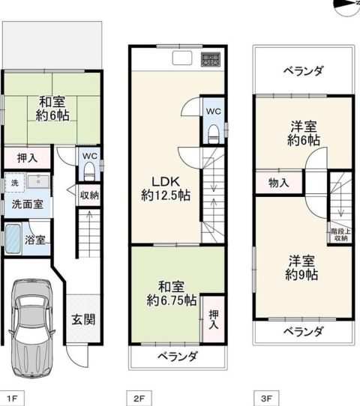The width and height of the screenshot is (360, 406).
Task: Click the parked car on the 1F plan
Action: click(31, 328)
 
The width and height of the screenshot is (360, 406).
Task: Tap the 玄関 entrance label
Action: click(83, 320)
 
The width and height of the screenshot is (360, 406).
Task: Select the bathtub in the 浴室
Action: click(13, 238)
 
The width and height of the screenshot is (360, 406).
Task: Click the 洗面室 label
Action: click(28, 204)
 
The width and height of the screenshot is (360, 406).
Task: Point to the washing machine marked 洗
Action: click(15, 183)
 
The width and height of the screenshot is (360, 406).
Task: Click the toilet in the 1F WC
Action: click(89, 171)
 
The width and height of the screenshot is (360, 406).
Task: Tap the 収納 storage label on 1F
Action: click(89, 196)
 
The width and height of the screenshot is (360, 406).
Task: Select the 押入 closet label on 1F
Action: click(27, 158)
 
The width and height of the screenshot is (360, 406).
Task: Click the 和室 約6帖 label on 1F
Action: click(52, 109)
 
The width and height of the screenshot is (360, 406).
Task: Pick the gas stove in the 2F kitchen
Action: click(211, 59)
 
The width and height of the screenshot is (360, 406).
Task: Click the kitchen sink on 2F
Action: click(182, 58)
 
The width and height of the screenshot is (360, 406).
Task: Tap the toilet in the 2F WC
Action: click(214, 133)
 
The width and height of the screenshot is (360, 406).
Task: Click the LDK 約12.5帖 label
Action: click(166, 189)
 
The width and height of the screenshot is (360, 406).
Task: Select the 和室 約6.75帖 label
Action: click(171, 294)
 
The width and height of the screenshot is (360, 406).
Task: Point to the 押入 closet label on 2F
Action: click(214, 320)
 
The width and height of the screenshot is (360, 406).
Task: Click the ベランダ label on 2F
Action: click(178, 357)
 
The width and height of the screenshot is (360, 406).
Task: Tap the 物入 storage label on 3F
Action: click(278, 183)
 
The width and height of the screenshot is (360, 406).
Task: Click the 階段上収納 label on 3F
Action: click(340, 235)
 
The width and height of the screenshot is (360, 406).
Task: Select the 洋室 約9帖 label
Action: click(302, 267)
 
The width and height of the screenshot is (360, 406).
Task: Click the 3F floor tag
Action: click(266, 399)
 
